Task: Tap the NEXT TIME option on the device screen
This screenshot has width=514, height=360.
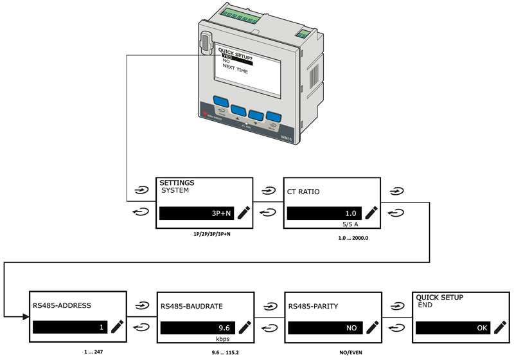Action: click(x=235, y=71)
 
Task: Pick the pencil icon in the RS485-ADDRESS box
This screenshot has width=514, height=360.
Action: click(x=116, y=327)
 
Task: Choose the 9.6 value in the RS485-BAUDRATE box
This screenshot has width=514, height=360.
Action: click(x=223, y=327)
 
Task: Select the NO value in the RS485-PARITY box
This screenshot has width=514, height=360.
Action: click(x=351, y=327)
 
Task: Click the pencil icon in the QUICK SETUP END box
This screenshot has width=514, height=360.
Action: click(x=499, y=327)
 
